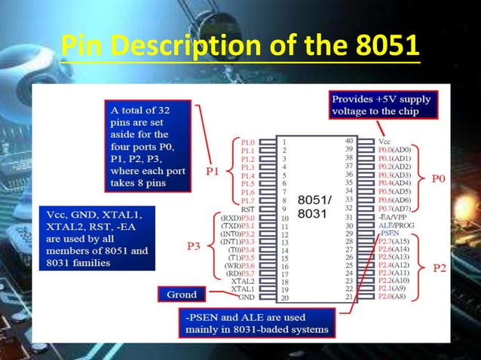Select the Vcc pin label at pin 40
click(384, 141)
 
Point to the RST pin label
click(247, 210)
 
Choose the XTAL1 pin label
click(242, 288)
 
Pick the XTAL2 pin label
click(242, 280)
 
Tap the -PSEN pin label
click(390, 233)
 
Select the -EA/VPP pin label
click(394, 216)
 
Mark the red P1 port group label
click(214, 172)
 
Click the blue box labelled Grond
click(182, 294)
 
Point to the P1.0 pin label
click(247, 142)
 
